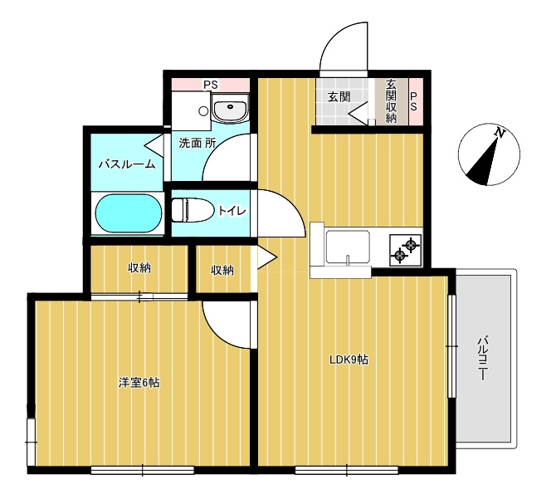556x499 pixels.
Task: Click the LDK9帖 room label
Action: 349,360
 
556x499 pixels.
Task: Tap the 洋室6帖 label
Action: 139,383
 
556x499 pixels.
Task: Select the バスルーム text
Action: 127,164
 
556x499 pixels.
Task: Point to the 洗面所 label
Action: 198,143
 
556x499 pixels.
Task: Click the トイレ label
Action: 232,211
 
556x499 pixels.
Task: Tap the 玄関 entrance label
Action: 339,96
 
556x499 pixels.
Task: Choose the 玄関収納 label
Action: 391,100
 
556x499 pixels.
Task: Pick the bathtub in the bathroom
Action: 129,214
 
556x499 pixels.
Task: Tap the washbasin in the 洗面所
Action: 228,109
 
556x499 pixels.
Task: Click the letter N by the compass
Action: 500,132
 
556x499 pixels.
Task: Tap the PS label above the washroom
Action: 210,85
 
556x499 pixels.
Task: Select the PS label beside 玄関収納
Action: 414,101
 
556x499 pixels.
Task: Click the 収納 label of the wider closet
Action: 139,267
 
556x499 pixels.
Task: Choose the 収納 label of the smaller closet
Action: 222,270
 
